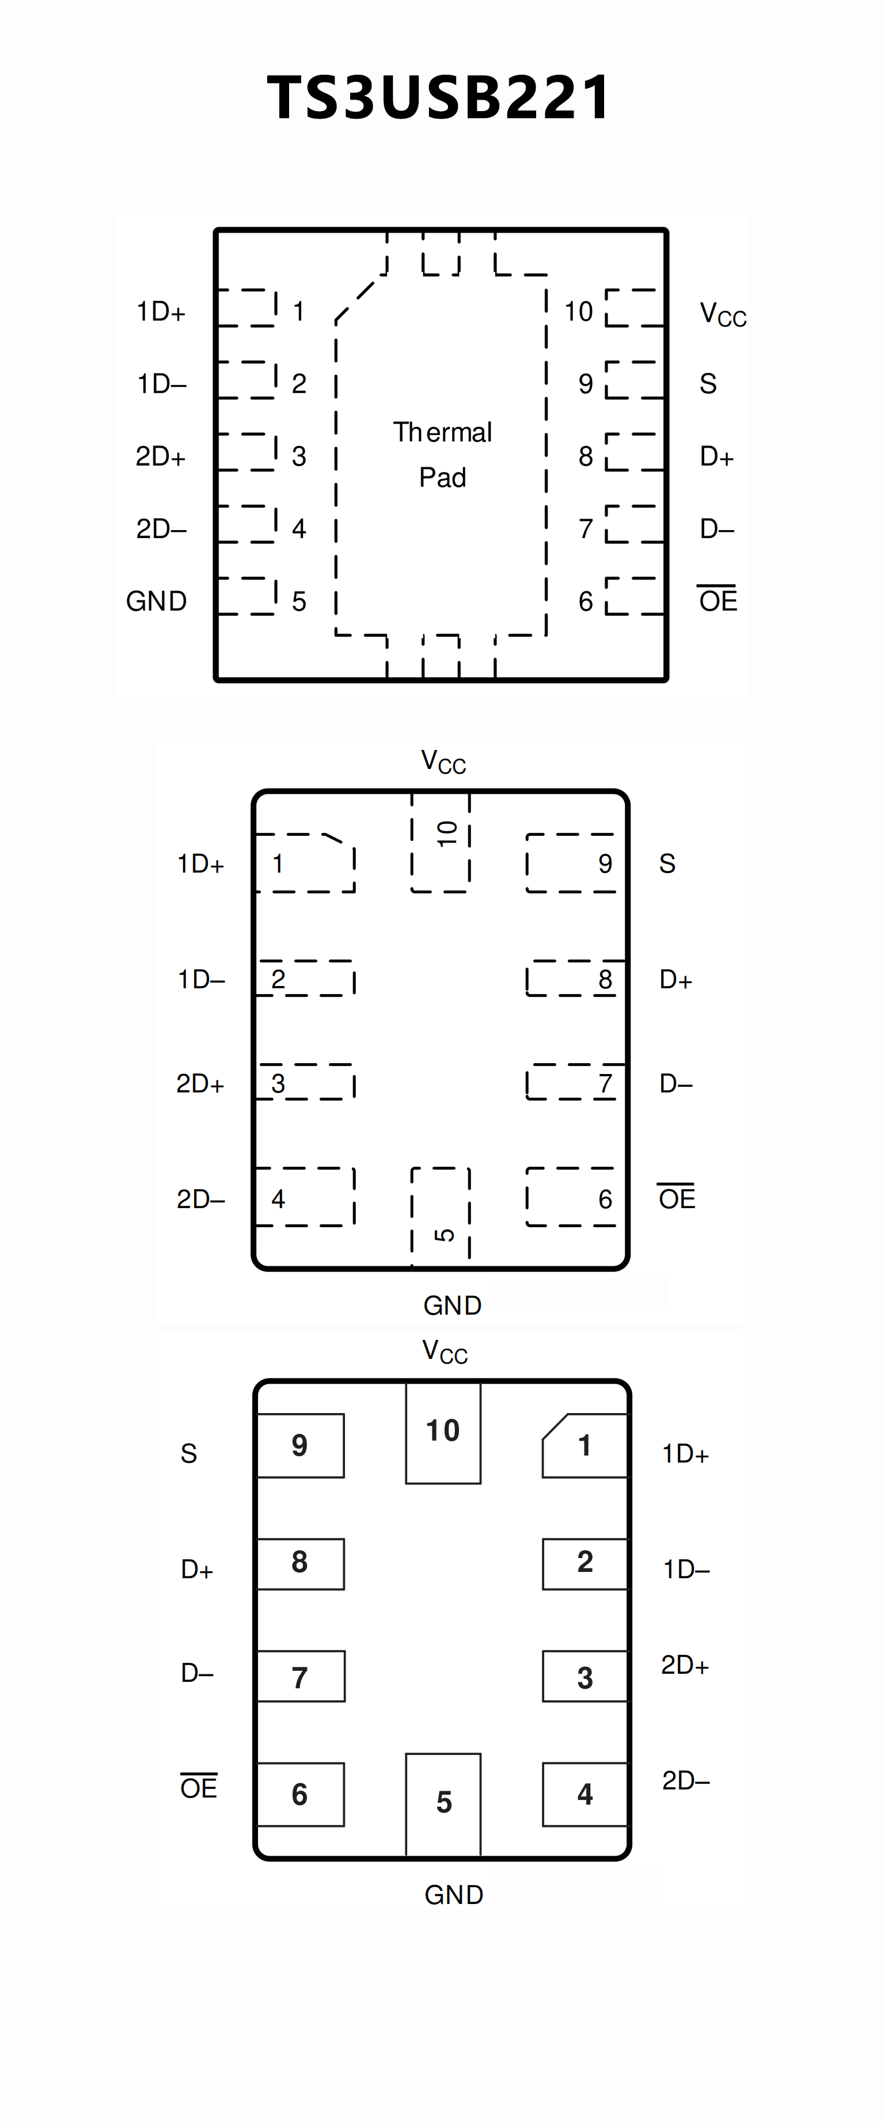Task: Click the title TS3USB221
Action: click(x=439, y=97)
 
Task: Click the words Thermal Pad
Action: click(x=442, y=455)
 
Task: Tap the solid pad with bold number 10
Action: click(x=443, y=1433)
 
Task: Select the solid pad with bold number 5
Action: click(x=443, y=1803)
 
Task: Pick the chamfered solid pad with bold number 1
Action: click(x=584, y=1446)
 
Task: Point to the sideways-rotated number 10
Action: click(x=446, y=833)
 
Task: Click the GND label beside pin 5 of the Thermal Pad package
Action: click(x=157, y=601)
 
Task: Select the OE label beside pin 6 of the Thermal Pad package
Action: click(x=718, y=600)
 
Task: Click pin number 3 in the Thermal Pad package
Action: click(x=299, y=456)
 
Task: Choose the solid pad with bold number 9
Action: click(x=301, y=1446)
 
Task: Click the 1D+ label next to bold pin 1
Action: click(x=685, y=1453)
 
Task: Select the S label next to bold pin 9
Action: click(x=189, y=1453)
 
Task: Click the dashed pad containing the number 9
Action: click(x=571, y=863)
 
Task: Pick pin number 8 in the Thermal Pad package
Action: click(x=586, y=456)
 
